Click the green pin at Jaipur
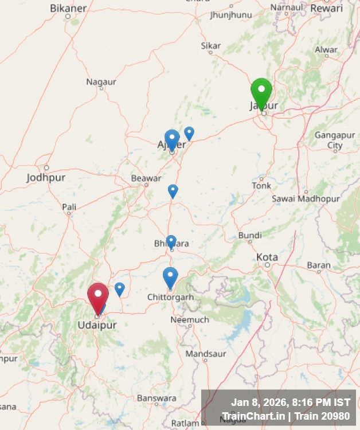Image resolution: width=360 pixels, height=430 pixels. (261, 92)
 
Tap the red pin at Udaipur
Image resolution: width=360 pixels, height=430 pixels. (98, 296)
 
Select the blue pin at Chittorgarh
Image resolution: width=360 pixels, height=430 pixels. (170, 277)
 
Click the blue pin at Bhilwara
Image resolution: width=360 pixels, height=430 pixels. (171, 241)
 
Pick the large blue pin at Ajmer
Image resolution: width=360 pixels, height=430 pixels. (172, 139)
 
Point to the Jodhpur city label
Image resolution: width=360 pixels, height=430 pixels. (46, 178)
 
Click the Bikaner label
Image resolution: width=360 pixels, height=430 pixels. (68, 8)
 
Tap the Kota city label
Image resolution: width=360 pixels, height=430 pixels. (267, 257)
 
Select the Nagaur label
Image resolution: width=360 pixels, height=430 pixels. (101, 82)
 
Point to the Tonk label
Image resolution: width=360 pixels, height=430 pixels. (261, 186)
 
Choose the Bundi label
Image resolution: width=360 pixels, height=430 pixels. (250, 235)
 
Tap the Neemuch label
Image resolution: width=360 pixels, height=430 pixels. (190, 319)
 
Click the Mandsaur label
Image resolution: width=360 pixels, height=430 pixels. (205, 354)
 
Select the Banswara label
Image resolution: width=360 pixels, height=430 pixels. (156, 398)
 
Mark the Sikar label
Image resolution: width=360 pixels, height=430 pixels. (210, 45)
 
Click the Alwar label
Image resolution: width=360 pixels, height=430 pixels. (326, 50)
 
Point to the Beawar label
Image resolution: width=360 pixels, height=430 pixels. (146, 178)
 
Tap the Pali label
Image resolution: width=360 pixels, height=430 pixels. (69, 206)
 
